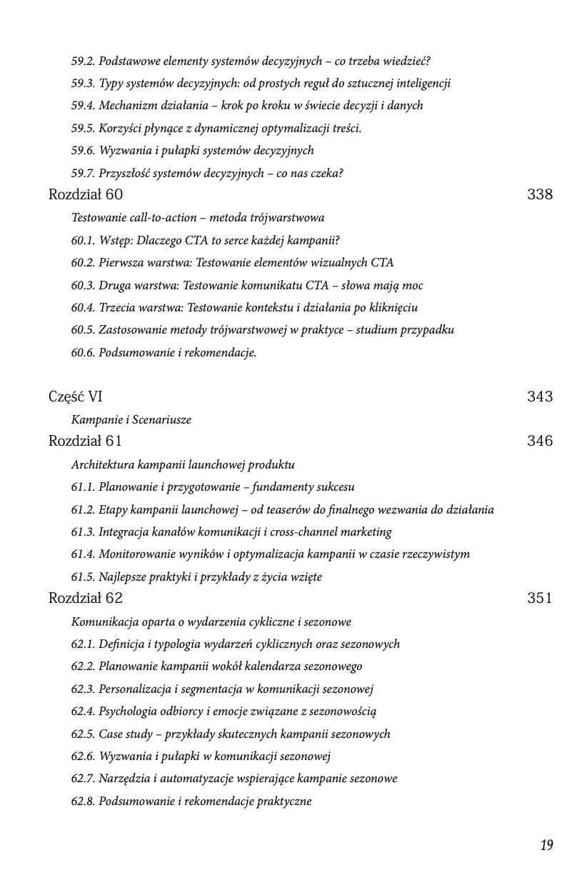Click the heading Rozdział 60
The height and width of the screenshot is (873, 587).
(x=86, y=194)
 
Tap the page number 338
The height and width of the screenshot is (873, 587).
(x=539, y=194)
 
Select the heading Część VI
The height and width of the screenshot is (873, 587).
(x=76, y=396)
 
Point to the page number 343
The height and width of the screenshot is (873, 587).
(x=539, y=396)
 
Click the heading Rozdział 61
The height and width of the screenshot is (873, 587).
(x=85, y=441)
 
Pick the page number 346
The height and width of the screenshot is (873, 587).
(x=539, y=441)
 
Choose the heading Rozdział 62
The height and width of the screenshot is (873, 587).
(x=86, y=598)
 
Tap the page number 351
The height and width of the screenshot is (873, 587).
(x=539, y=598)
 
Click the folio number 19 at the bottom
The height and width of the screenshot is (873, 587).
(x=546, y=846)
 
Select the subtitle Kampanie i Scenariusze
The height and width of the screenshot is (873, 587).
(x=131, y=419)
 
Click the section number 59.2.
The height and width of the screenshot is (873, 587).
(x=83, y=61)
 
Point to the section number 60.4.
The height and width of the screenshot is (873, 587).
(x=83, y=307)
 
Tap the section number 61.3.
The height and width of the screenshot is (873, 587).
(x=83, y=532)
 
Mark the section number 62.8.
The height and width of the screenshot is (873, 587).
(x=83, y=801)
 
